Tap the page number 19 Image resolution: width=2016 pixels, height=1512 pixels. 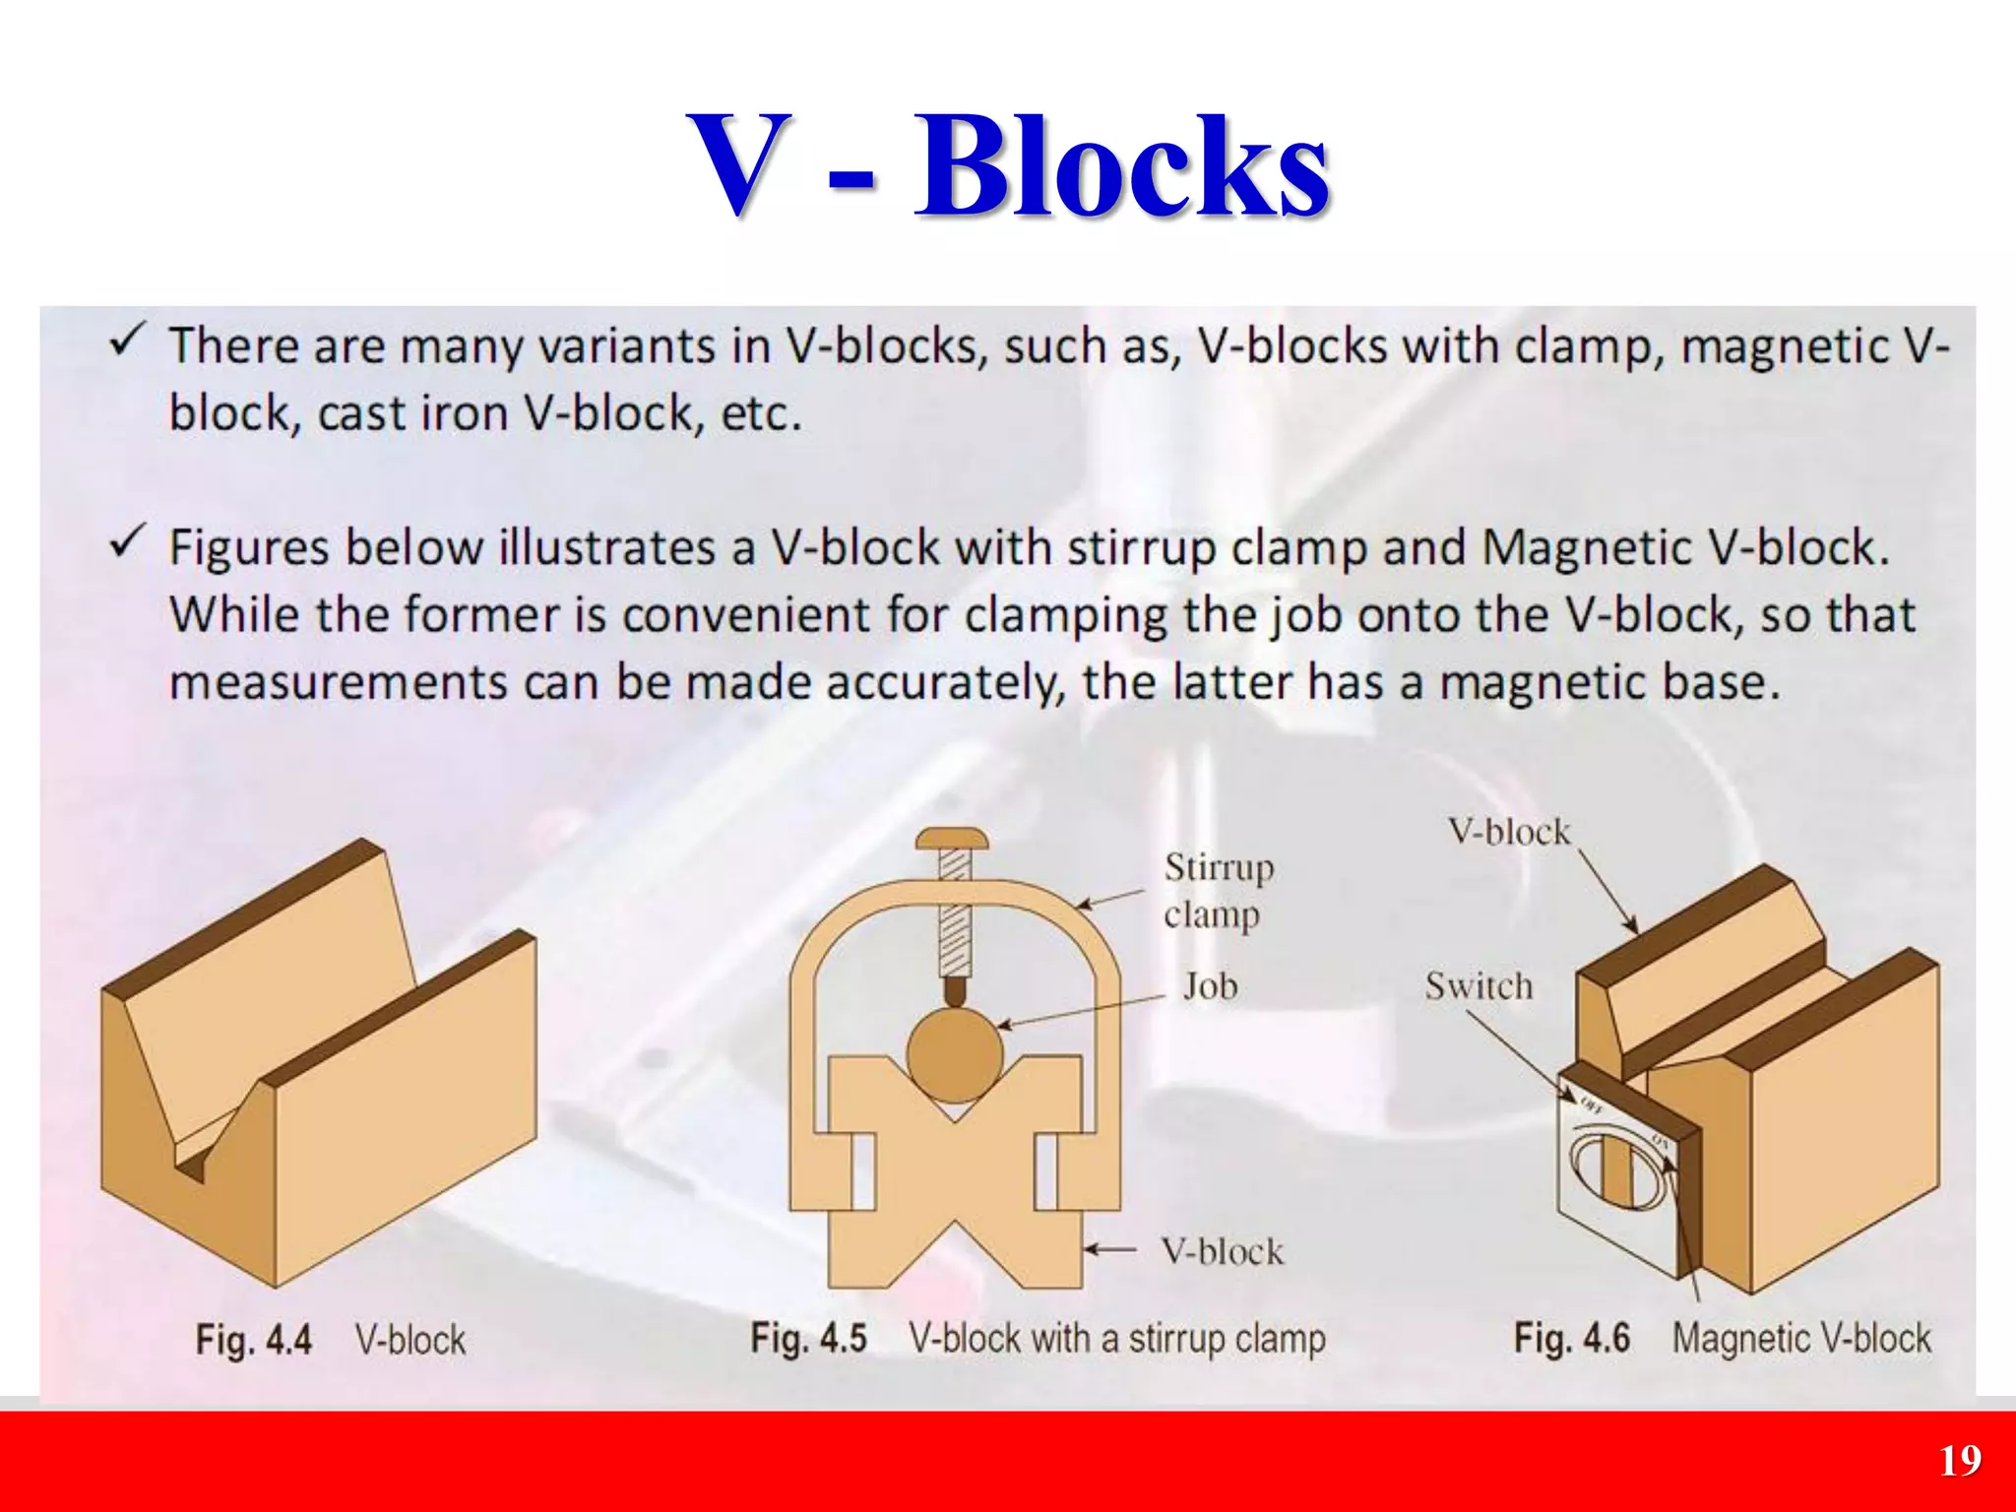[1960, 1460]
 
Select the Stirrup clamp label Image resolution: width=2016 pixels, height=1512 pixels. [1218, 891]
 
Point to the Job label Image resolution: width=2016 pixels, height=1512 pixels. [1209, 986]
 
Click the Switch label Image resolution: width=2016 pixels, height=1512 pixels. [1479, 985]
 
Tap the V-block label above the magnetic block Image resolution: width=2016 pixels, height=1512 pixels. [1508, 832]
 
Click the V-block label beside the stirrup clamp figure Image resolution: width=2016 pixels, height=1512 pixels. [1222, 1251]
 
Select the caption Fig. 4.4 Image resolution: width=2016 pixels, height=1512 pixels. [253, 1340]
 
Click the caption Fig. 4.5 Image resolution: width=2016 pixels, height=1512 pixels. [808, 1338]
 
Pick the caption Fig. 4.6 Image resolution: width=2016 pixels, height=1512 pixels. [1571, 1338]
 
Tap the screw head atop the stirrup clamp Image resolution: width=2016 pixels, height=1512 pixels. [952, 840]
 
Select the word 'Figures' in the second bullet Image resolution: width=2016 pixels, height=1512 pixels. [248, 547]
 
